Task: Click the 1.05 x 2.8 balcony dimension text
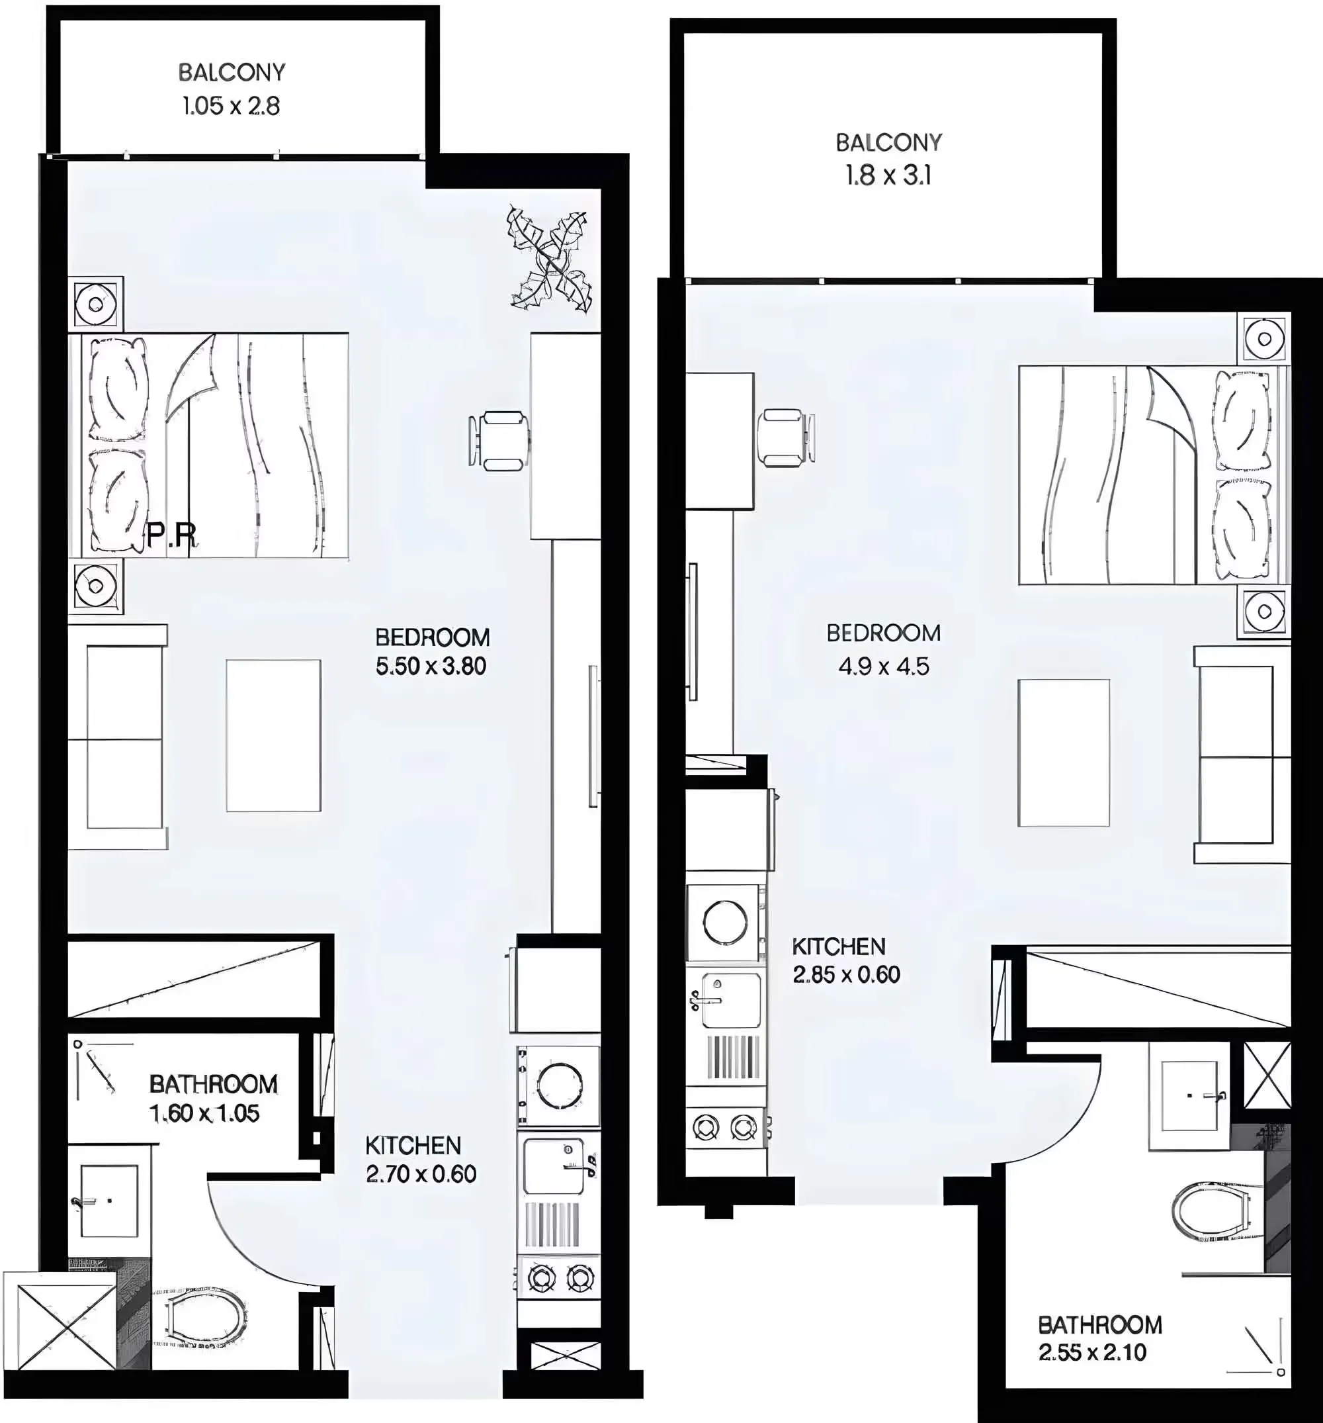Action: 230,106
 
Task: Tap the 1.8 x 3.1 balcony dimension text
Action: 888,175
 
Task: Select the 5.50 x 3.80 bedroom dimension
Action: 431,666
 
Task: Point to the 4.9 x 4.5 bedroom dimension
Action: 884,666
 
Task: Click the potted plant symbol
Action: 550,260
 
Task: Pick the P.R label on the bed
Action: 172,535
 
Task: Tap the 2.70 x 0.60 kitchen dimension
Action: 421,1174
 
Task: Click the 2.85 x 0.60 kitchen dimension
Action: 846,974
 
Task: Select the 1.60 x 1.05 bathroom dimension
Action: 204,1113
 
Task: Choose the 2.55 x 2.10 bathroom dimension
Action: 1092,1352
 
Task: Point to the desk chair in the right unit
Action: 786,437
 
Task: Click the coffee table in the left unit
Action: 273,735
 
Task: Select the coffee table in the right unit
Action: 1063,753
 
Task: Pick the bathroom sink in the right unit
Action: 1189,1095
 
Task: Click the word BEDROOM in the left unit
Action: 432,637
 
